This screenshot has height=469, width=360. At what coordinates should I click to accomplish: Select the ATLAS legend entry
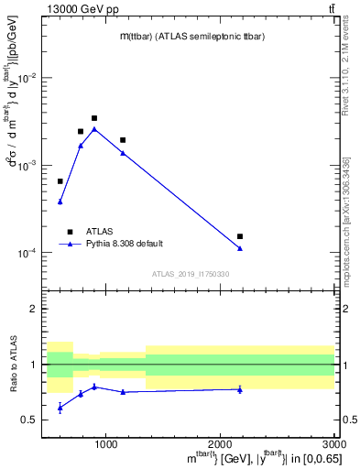pos(99,232)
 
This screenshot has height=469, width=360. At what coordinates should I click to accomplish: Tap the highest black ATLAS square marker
pos(94,118)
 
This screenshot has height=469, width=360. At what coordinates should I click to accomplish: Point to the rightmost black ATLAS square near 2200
pos(240,236)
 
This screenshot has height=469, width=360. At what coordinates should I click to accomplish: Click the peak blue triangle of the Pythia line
pos(94,129)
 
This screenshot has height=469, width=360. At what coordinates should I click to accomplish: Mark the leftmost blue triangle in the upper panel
pos(60,202)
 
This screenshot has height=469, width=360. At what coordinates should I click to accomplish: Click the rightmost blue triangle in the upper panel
pos(240,248)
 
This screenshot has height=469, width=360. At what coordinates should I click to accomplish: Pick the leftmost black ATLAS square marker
pos(60,181)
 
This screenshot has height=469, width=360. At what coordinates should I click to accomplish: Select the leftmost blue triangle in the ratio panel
pos(60,408)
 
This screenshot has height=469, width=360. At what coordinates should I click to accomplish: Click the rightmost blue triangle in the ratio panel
pos(240,389)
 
